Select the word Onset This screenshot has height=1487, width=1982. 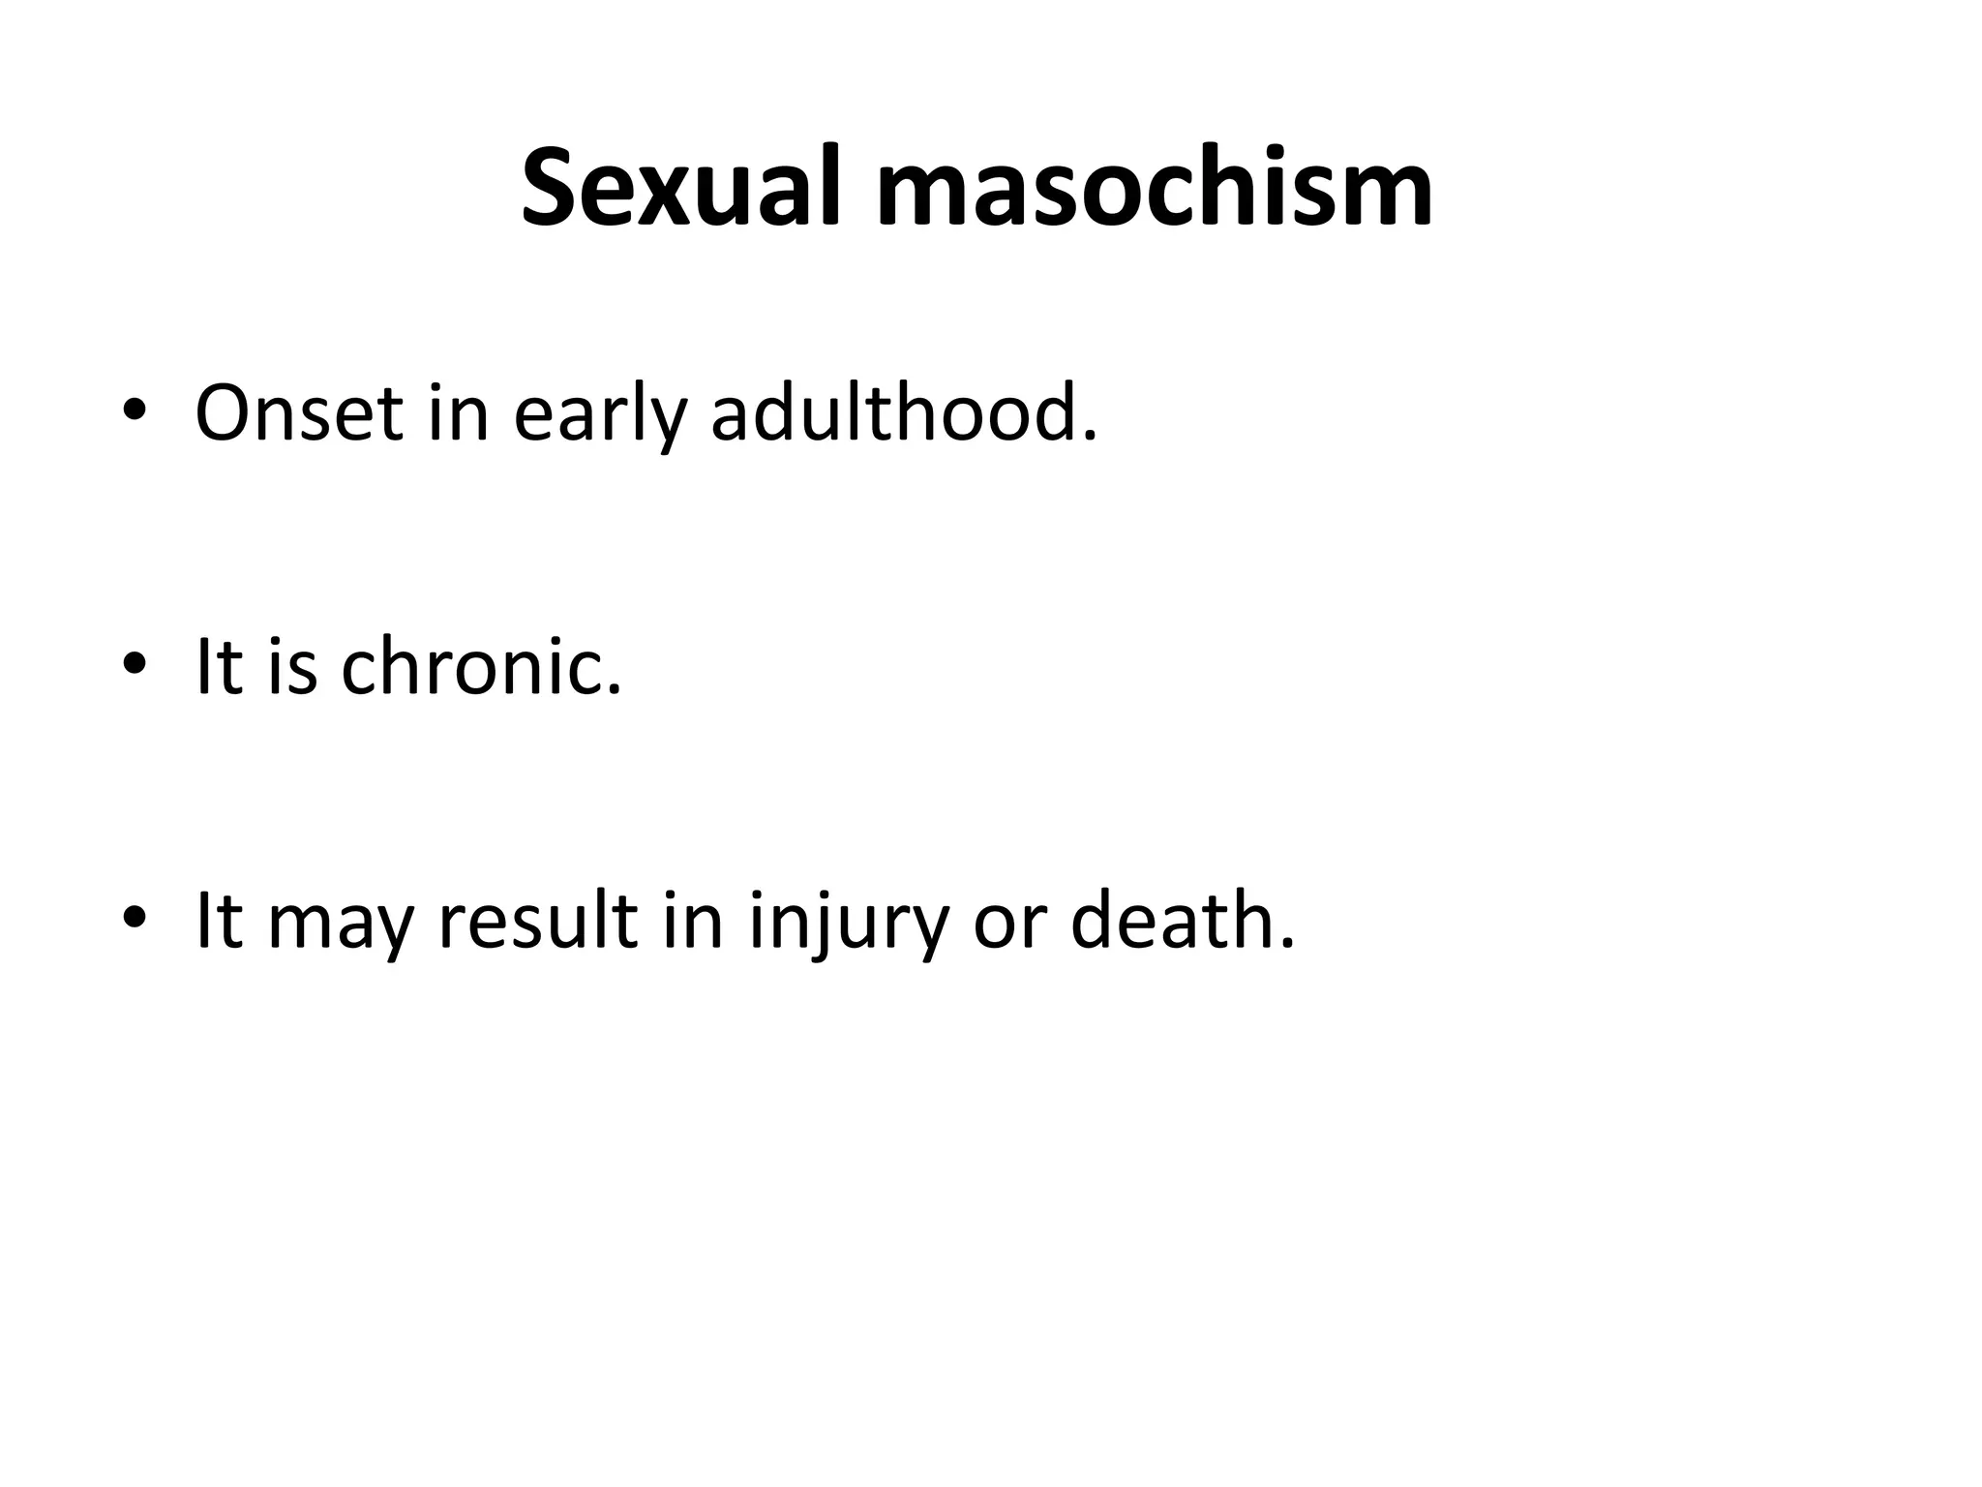coord(298,413)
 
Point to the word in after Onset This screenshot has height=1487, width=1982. coord(458,413)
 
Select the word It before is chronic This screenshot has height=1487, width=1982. coord(217,667)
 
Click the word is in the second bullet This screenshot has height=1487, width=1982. coord(292,667)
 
